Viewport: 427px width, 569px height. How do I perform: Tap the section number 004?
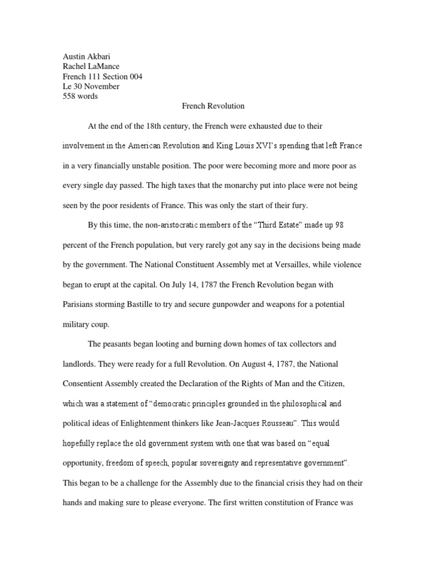coord(135,77)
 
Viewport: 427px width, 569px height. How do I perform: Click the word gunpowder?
coord(246,304)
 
